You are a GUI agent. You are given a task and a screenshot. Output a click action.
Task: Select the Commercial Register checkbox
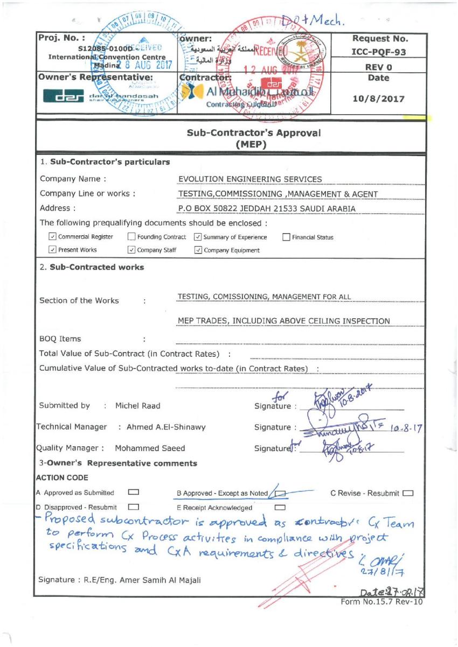[x=52, y=237]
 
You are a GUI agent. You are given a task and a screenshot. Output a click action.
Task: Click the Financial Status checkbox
[x=286, y=237]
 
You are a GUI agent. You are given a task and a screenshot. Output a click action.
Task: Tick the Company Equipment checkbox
[x=198, y=250]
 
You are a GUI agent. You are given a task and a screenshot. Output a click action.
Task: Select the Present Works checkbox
[x=52, y=250]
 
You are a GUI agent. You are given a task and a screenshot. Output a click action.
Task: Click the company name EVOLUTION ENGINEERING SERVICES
[x=250, y=179]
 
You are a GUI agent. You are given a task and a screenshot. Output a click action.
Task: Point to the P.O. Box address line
[x=267, y=208]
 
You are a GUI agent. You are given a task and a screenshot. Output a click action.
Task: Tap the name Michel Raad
[x=137, y=405]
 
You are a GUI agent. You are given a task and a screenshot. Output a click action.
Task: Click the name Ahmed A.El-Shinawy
[x=165, y=427]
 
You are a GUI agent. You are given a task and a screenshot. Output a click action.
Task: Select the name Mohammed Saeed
[x=150, y=448]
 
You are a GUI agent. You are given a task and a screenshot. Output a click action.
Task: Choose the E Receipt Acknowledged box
[x=279, y=507]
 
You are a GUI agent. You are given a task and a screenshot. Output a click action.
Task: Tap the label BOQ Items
[x=60, y=339]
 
